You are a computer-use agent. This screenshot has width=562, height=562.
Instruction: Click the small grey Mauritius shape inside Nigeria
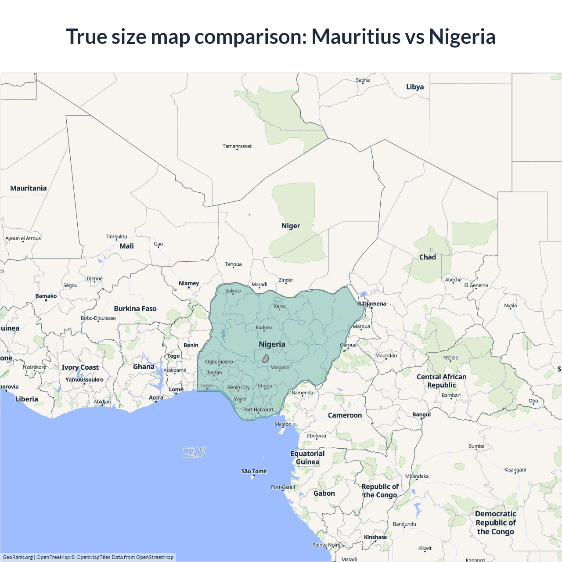pyautogui.click(x=266, y=359)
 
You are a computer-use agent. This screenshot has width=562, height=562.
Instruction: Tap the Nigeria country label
pyautogui.click(x=272, y=344)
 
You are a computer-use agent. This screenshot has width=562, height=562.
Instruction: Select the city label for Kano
pyautogui.click(x=279, y=306)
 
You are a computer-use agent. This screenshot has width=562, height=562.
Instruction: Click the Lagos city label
pyautogui.click(x=207, y=386)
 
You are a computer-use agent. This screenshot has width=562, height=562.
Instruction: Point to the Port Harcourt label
pyautogui.click(x=258, y=410)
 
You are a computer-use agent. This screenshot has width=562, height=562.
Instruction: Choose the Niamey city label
pyautogui.click(x=189, y=283)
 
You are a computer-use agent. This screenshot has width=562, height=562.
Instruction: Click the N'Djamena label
pyautogui.click(x=371, y=303)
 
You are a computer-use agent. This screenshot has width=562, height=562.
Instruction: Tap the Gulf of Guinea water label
pyautogui.click(x=195, y=452)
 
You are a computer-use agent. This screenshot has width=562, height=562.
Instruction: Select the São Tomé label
pyautogui.click(x=254, y=471)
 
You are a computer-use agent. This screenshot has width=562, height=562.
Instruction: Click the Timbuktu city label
pyautogui.click(x=116, y=236)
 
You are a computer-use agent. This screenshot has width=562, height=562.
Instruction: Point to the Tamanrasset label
pyautogui.click(x=237, y=146)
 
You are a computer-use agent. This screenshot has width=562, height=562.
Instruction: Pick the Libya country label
pyautogui.click(x=415, y=87)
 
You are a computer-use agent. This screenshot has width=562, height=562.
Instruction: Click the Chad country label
pyautogui.click(x=427, y=257)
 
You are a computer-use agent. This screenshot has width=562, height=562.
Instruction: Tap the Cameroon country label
pyautogui.click(x=345, y=415)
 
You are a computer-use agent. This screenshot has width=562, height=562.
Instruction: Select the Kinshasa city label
pyautogui.click(x=375, y=537)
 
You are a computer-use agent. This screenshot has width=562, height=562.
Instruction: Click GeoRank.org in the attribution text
pyautogui.click(x=18, y=557)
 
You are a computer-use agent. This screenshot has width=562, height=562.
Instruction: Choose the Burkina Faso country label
pyautogui.click(x=135, y=309)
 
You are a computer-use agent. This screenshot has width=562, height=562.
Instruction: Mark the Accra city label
pyautogui.click(x=156, y=397)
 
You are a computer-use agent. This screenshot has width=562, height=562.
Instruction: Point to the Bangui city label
pyautogui.click(x=421, y=414)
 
